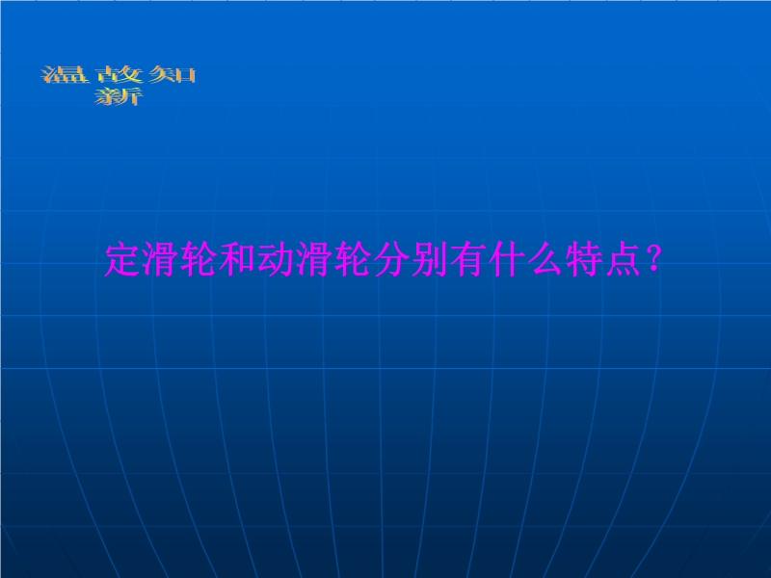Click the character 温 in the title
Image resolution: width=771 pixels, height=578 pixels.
tap(65, 75)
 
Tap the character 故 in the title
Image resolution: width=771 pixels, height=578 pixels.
tap(119, 75)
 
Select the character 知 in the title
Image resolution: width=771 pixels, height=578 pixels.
tap(173, 75)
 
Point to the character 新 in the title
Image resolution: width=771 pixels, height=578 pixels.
tap(119, 96)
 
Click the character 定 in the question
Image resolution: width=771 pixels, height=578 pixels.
tap(123, 259)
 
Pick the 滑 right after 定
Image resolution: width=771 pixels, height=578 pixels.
tap(161, 259)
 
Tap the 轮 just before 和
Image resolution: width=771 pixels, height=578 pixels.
tap(199, 259)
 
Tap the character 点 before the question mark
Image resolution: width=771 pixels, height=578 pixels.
tap(622, 259)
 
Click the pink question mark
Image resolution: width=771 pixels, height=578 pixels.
tap(653, 258)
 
